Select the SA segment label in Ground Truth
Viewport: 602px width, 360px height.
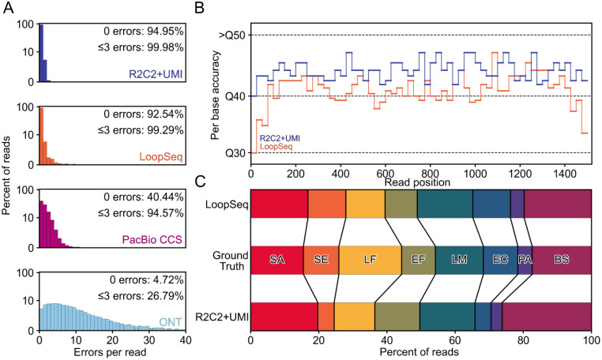tap(277, 259)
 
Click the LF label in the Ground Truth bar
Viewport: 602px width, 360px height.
tap(370, 259)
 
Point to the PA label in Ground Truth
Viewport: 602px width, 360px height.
tap(525, 259)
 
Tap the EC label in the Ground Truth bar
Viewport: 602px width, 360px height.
tap(500, 259)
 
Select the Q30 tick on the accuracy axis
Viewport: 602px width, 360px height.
tap(235, 152)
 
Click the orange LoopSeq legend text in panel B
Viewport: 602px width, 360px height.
tap(271, 146)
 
